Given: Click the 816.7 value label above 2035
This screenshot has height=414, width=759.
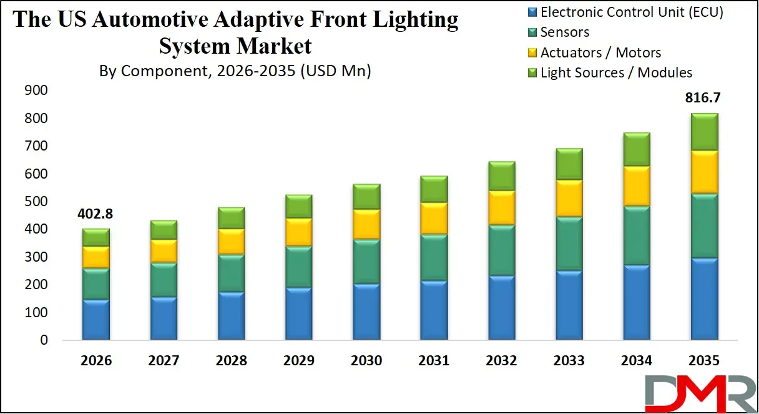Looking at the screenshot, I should click(703, 98).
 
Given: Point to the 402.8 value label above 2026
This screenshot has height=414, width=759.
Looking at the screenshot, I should click(95, 214).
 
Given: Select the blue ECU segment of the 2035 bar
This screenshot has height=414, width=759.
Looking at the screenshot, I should click(703, 299).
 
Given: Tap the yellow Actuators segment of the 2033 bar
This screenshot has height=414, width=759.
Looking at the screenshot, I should click(569, 198).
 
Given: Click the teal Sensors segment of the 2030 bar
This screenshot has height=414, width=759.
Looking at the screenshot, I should click(367, 262).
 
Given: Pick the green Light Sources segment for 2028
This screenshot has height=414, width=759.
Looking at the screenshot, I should click(231, 218).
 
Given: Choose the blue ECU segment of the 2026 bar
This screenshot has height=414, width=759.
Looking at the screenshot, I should click(95, 320).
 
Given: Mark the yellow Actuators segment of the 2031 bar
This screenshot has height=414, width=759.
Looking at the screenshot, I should click(434, 218).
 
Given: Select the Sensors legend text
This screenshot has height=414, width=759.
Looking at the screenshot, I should click(564, 32).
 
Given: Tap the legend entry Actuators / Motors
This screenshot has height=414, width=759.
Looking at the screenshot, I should click(600, 52).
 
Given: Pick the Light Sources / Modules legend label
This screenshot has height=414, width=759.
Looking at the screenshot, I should click(616, 72).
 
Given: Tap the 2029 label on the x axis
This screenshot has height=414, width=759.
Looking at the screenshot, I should click(299, 361).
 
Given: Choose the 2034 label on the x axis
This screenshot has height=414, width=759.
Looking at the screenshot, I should click(636, 361).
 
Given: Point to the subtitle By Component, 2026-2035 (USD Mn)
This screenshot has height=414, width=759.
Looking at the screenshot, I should click(235, 71).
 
